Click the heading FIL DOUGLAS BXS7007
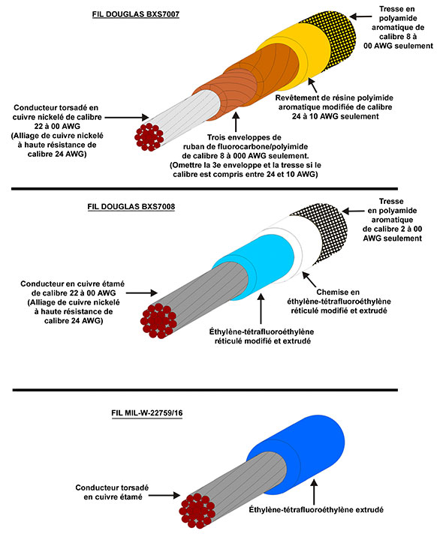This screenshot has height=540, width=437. click(136, 14)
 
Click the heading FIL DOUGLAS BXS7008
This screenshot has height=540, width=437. click(131, 207)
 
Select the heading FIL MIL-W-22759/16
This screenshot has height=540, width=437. click(147, 412)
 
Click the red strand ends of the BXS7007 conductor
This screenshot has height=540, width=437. click(149, 136)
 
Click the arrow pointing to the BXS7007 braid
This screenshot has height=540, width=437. click(360, 16)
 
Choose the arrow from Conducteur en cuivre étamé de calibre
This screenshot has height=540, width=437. click(141, 293)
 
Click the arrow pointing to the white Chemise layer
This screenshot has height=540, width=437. click(309, 279)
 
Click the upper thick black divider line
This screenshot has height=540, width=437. click(204, 189)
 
